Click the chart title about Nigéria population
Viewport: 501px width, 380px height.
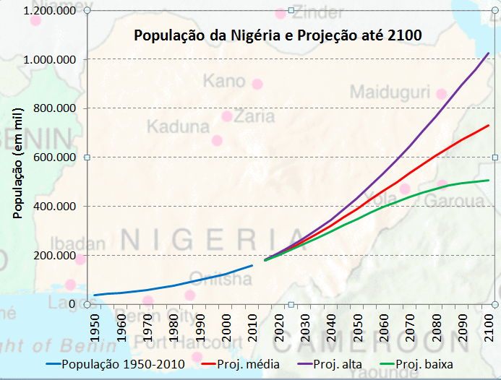[278, 35]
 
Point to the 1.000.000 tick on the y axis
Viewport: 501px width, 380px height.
[51, 59]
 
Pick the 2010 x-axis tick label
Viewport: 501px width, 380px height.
[252, 326]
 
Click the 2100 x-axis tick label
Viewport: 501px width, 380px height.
[489, 326]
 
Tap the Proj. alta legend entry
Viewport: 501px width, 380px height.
[335, 364]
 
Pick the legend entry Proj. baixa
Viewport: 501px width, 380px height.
[422, 364]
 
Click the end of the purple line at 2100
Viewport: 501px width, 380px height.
[489, 53]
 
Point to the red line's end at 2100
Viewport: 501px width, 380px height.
[489, 126]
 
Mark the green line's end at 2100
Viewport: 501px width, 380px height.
[489, 180]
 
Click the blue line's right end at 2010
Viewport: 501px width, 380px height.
[252, 265]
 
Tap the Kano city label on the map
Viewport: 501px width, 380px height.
[224, 81]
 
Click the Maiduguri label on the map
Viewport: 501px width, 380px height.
[390, 92]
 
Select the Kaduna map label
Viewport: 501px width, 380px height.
[177, 128]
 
